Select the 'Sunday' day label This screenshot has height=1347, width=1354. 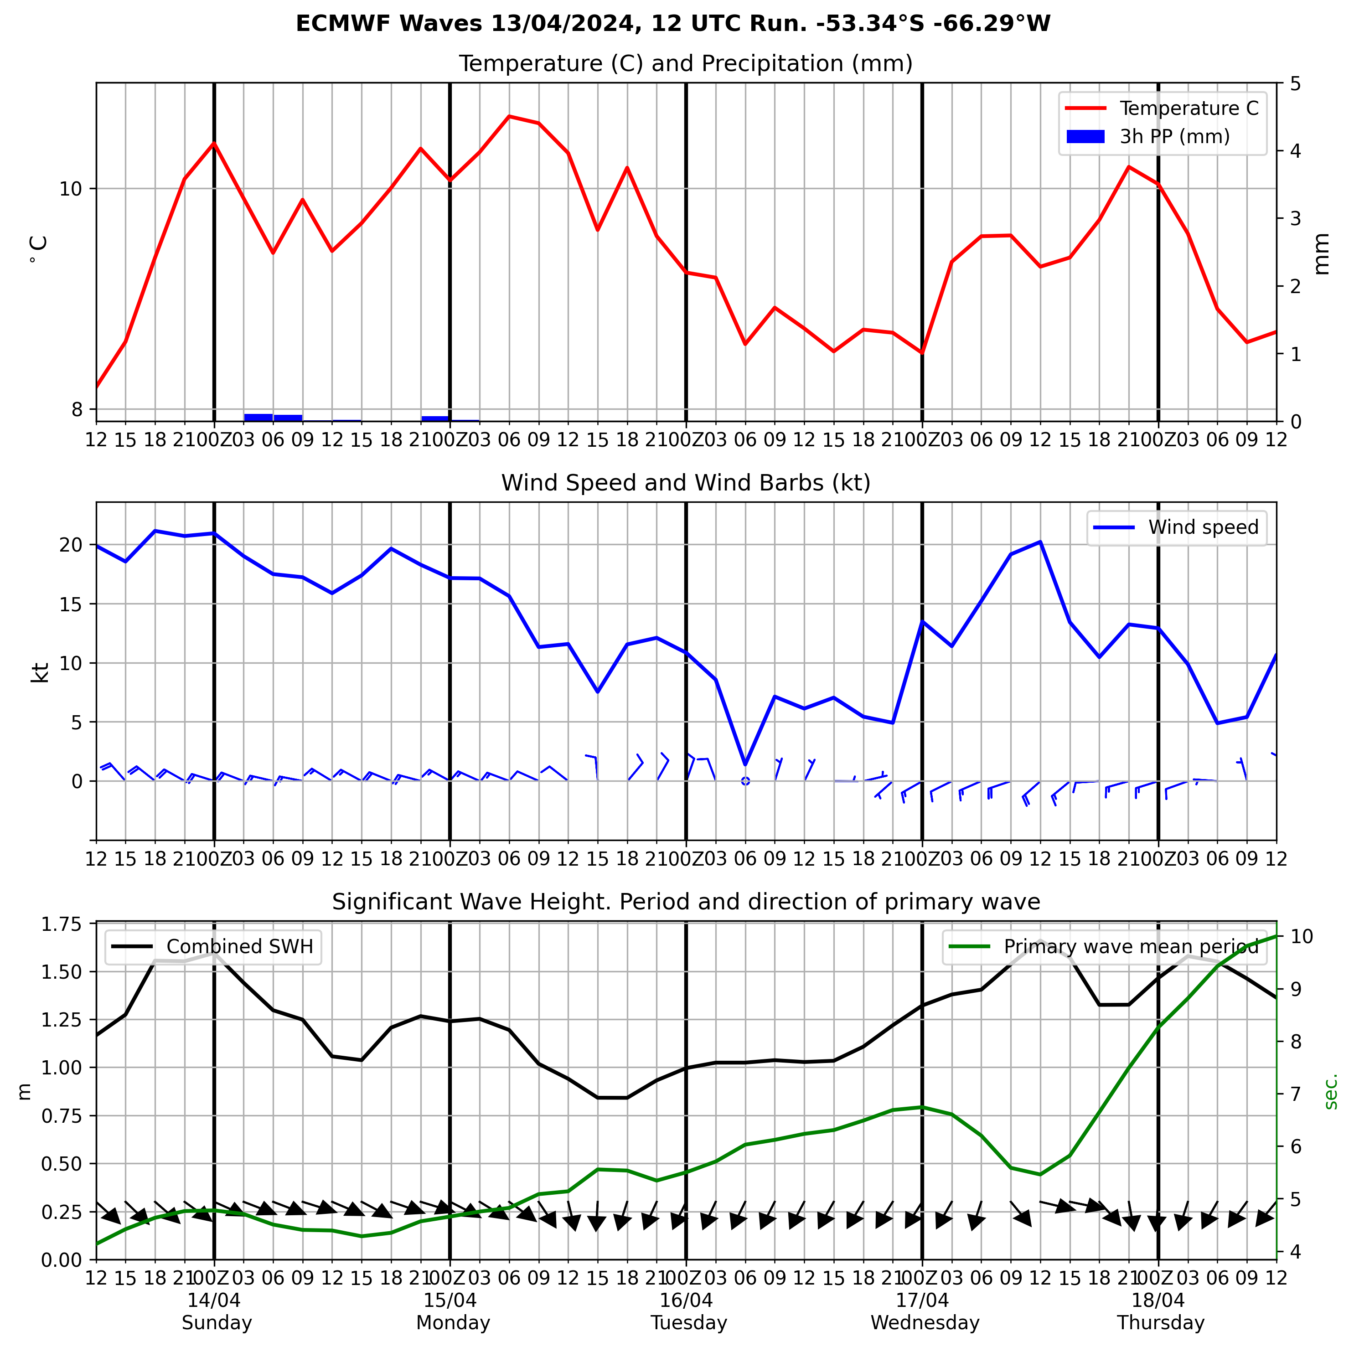(217, 1323)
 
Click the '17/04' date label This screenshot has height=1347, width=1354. (922, 1301)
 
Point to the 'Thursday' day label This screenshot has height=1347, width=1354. (1161, 1323)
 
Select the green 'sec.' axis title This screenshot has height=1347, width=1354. (1332, 1091)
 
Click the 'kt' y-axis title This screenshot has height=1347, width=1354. (40, 673)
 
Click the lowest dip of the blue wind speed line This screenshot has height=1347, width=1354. (746, 764)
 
